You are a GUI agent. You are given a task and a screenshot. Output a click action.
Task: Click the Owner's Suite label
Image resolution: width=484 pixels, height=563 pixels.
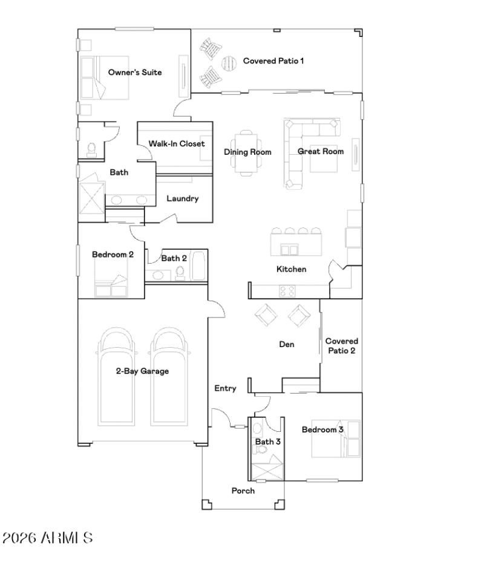click(135, 73)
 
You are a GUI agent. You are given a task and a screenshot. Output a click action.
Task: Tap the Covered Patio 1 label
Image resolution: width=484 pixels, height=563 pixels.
click(273, 61)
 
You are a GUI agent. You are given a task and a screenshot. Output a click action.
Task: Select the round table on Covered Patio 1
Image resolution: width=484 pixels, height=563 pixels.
click(229, 62)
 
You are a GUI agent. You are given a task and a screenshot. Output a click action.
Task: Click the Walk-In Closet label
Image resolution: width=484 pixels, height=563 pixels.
click(177, 144)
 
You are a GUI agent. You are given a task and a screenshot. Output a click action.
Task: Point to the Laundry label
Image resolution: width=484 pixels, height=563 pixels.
click(182, 199)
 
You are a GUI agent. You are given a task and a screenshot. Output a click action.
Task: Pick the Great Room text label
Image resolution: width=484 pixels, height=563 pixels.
click(321, 152)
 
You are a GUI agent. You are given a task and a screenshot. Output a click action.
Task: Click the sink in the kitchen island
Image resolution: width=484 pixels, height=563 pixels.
click(290, 250)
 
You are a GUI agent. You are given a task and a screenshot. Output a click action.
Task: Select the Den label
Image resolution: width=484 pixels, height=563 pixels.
click(286, 345)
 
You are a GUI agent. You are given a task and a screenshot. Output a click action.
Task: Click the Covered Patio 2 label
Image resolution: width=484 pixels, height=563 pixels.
click(341, 346)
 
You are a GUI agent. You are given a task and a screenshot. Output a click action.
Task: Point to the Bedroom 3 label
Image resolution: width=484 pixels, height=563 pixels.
click(323, 430)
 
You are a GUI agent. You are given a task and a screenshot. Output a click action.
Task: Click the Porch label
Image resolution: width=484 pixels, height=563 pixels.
click(243, 491)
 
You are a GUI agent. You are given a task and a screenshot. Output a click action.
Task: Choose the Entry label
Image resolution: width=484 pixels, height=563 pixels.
click(226, 389)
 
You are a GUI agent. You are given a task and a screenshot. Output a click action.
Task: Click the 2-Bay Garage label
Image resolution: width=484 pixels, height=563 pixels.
click(142, 371)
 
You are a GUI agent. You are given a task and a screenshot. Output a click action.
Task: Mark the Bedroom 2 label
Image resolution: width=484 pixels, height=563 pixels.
click(113, 255)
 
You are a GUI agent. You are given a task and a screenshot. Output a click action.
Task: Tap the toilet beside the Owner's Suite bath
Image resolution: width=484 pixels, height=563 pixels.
click(93, 149)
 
